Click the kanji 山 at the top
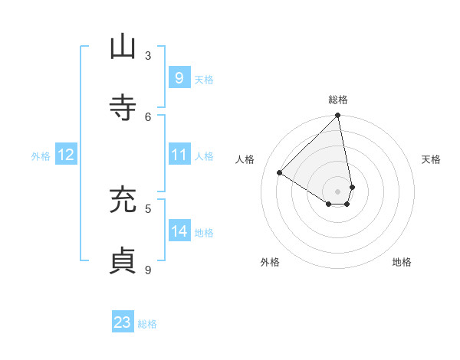(x=123, y=47)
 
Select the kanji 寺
(x=123, y=108)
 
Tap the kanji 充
(x=123, y=200)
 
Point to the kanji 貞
(x=123, y=261)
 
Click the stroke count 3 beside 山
(x=148, y=55)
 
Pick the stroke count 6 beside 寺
(x=148, y=116)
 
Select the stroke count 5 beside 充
(x=148, y=208)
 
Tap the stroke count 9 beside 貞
(x=148, y=270)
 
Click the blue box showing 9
(x=179, y=77)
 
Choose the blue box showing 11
(x=179, y=155)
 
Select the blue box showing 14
(x=179, y=231)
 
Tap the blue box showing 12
(x=66, y=155)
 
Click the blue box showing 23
(x=123, y=322)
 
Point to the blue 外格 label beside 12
(x=41, y=156)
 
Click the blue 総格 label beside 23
(x=147, y=324)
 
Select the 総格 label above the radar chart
(x=338, y=100)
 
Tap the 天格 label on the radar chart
(x=431, y=159)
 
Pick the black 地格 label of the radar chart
(x=402, y=262)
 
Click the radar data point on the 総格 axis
(x=337, y=116)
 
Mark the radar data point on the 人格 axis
(x=280, y=172)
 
